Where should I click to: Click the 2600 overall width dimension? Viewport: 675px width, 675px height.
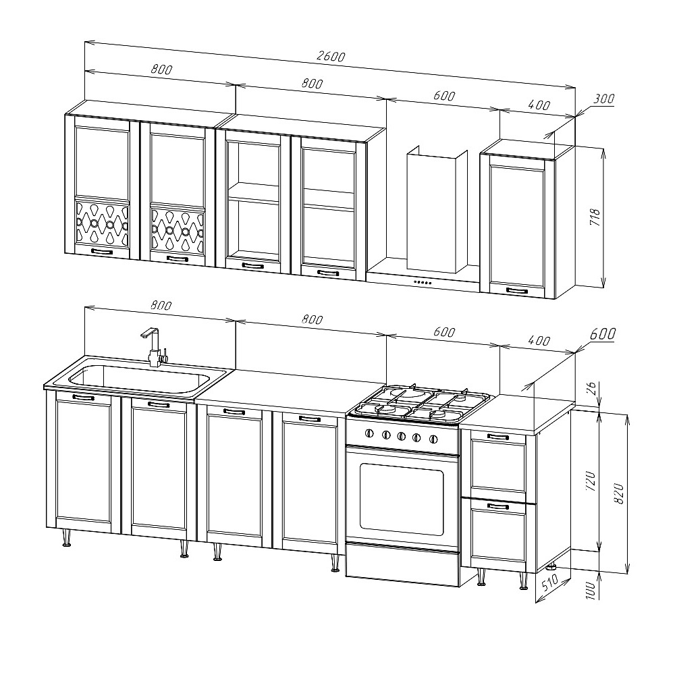(331, 57)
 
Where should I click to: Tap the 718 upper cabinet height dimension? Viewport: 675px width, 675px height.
(595, 218)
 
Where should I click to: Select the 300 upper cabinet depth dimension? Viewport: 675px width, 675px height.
(603, 99)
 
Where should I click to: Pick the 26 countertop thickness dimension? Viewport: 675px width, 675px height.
(592, 388)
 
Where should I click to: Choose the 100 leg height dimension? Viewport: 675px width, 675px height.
(591, 591)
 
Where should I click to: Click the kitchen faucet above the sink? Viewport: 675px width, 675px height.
(154, 348)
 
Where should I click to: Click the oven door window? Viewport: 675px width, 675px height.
(401, 500)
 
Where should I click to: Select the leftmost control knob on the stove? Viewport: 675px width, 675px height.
(369, 433)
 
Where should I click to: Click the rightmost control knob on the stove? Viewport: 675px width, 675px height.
(433, 439)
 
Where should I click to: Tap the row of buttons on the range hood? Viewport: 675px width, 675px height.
(423, 282)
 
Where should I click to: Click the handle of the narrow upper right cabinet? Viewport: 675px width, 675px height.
(516, 290)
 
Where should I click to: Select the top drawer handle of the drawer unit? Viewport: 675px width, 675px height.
(497, 437)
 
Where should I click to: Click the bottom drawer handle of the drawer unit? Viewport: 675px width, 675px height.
(497, 506)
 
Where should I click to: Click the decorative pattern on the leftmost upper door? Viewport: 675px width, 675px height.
(102, 224)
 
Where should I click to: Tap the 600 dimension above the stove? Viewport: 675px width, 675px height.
(444, 332)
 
